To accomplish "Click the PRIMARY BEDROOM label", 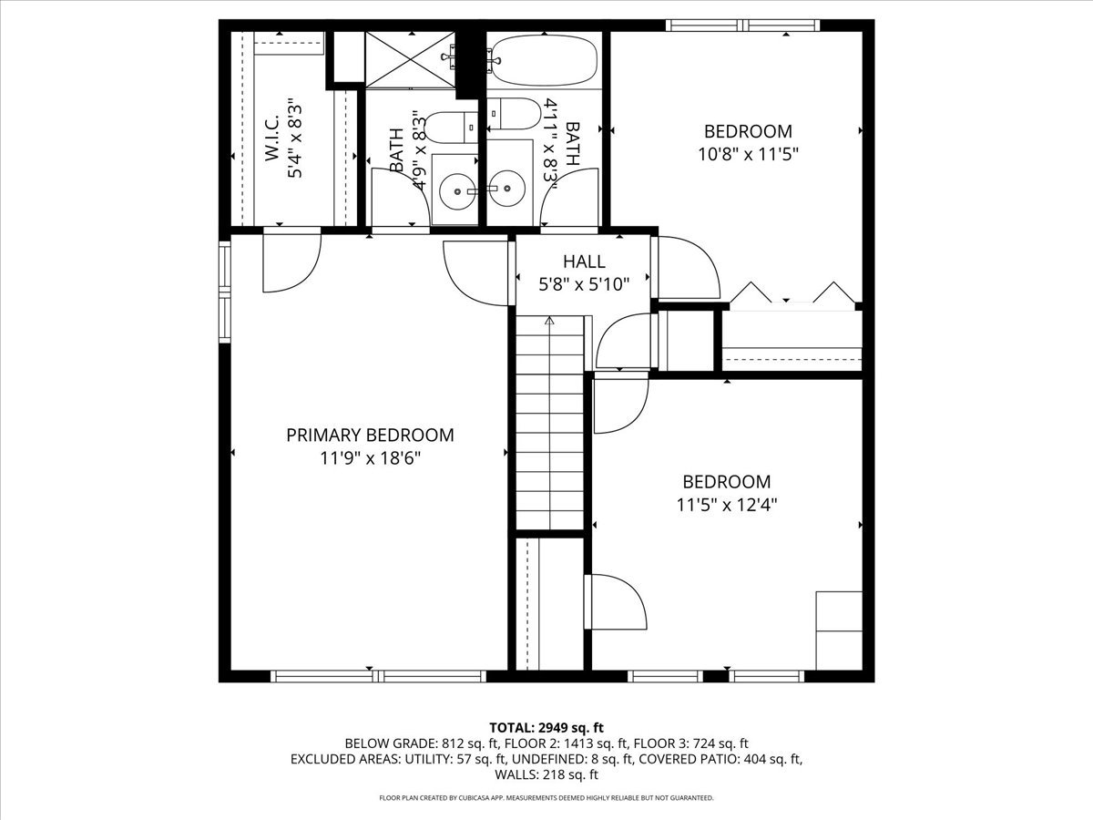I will click(x=370, y=436).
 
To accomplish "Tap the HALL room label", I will click(x=584, y=262).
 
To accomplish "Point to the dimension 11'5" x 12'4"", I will click(x=727, y=504).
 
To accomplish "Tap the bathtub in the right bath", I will click(x=543, y=59).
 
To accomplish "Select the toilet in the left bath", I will click(x=450, y=128).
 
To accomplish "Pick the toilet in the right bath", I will click(x=514, y=115).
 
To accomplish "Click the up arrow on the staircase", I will click(x=549, y=322).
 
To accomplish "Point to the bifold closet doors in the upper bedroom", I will click(x=792, y=293).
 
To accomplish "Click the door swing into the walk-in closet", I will click(x=290, y=262).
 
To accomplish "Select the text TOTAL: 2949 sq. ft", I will click(x=546, y=727).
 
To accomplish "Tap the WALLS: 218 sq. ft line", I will click(x=546, y=774).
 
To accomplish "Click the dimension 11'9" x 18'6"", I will click(x=370, y=458).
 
